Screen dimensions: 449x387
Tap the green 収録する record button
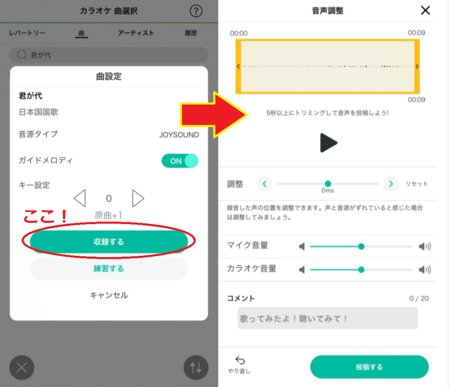[x=109, y=242]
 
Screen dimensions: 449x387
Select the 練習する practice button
[x=109, y=269]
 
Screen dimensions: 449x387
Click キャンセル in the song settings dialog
[x=109, y=295]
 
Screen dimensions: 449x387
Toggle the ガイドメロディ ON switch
[x=180, y=161]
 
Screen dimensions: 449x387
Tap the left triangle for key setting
[x=80, y=198]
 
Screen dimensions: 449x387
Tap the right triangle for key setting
[x=138, y=198]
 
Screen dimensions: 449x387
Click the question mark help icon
[x=196, y=11]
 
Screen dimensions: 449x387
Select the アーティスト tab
[x=136, y=33]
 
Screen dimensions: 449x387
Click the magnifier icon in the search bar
[x=22, y=55]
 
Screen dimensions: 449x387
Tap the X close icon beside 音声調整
[x=426, y=10]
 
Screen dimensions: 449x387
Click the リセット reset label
[x=417, y=184]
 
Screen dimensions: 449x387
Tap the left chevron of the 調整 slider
[x=264, y=184]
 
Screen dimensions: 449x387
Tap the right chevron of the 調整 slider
[x=391, y=184]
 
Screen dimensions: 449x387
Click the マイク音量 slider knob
[x=361, y=246]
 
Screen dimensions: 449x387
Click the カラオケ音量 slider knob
[x=361, y=270]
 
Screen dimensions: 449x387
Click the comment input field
[x=327, y=318]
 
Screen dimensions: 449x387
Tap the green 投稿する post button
[x=369, y=367]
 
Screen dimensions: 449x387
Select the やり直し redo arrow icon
[x=240, y=360]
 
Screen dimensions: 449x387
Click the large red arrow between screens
[x=214, y=115]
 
